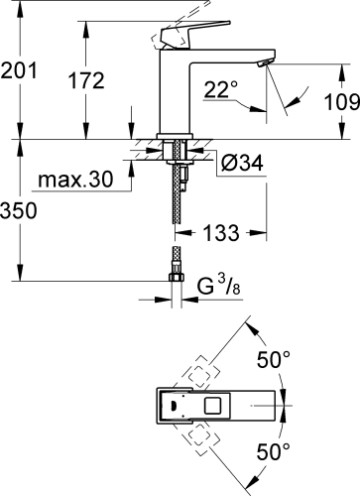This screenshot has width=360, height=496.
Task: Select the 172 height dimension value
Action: coord(86,81)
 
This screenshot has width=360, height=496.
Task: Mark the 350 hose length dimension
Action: coord(20,212)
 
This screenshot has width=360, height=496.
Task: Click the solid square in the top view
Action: coord(211,405)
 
